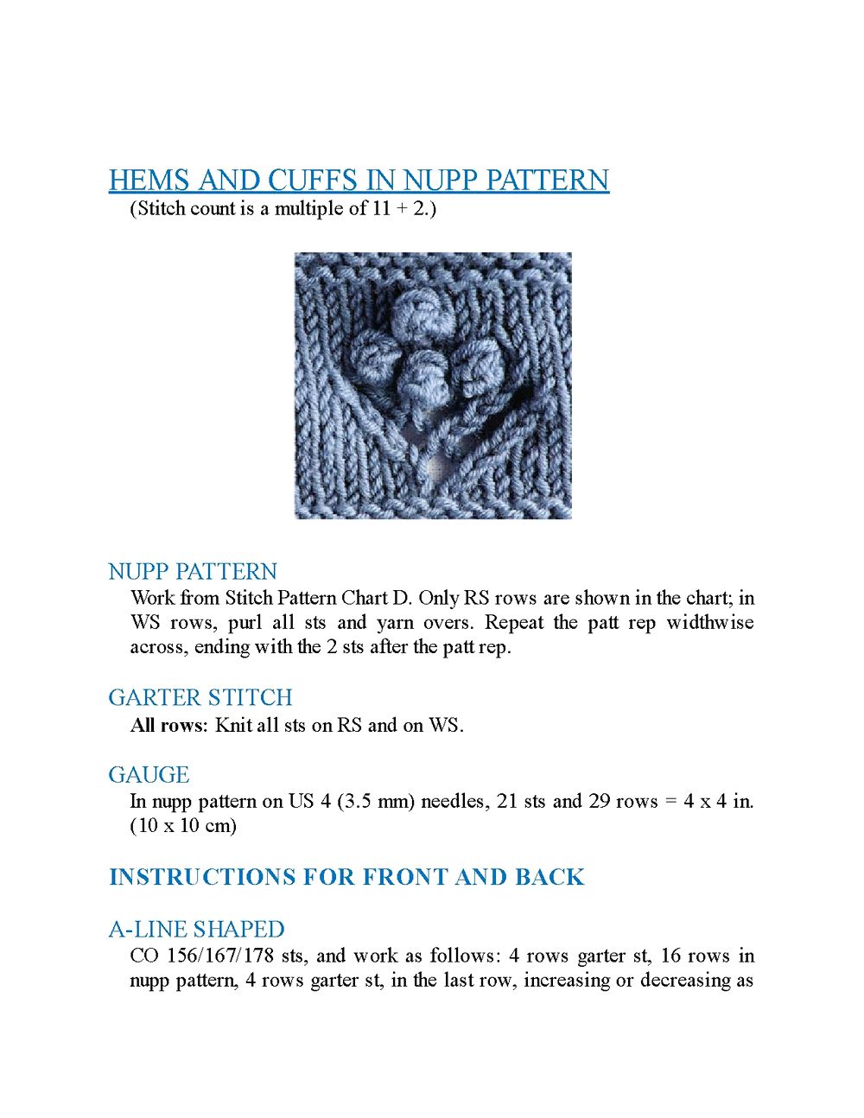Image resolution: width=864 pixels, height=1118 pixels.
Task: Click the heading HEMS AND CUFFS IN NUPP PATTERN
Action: click(359, 180)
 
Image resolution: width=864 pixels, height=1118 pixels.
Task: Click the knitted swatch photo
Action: click(433, 385)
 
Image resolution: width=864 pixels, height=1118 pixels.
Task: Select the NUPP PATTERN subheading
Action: click(193, 572)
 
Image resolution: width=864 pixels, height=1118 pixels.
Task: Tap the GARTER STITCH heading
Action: click(200, 697)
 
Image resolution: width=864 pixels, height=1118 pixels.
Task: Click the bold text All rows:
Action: click(169, 726)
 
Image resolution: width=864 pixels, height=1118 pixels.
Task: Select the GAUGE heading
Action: click(149, 775)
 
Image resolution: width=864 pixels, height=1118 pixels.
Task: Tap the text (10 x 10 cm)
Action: click(183, 826)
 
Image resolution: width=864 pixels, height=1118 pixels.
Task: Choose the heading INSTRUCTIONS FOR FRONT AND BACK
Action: click(346, 877)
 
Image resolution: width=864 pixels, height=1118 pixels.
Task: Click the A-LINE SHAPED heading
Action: click(196, 930)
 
